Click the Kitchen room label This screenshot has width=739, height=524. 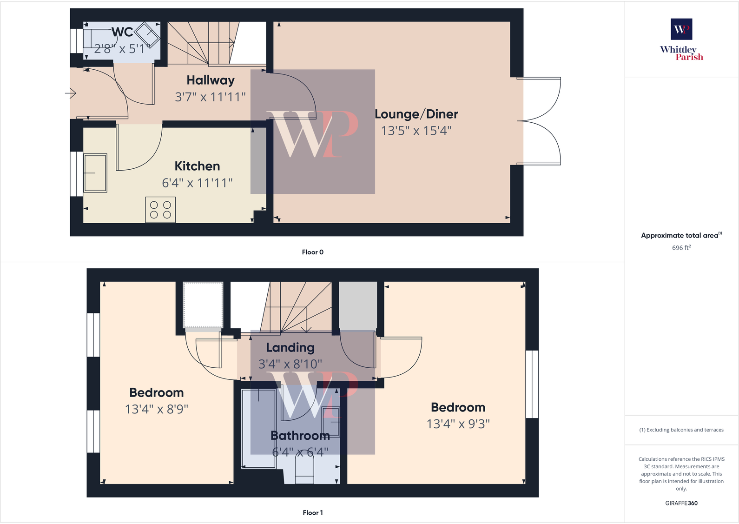pyautogui.click(x=197, y=166)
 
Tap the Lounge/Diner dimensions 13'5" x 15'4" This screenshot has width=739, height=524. pyautogui.click(x=416, y=131)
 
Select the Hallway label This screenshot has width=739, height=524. pyautogui.click(x=211, y=80)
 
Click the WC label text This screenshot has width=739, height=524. pyautogui.click(x=122, y=32)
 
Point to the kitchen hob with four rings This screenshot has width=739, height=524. pyautogui.click(x=160, y=210)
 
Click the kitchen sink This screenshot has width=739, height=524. pyautogui.click(x=95, y=173)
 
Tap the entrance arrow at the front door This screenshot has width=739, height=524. pyautogui.click(x=71, y=93)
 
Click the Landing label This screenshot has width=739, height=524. pyautogui.click(x=290, y=347)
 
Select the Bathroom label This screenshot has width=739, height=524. pyautogui.click(x=300, y=436)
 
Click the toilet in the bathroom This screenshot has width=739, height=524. pyautogui.click(x=304, y=467)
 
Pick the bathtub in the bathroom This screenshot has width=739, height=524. pyautogui.click(x=258, y=428)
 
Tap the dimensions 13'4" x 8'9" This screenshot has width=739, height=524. pyautogui.click(x=157, y=409)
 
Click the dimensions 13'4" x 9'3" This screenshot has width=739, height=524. pyautogui.click(x=458, y=424)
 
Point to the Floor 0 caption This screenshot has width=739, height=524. pyautogui.click(x=312, y=252)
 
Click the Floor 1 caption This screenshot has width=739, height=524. pyautogui.click(x=312, y=513)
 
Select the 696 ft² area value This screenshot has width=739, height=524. pyautogui.click(x=681, y=248)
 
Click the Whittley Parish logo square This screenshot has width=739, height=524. pyautogui.click(x=681, y=29)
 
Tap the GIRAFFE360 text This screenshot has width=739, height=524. pyautogui.click(x=681, y=503)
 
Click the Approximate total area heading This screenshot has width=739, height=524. pyautogui.click(x=680, y=236)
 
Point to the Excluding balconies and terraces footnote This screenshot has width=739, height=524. pyautogui.click(x=681, y=430)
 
